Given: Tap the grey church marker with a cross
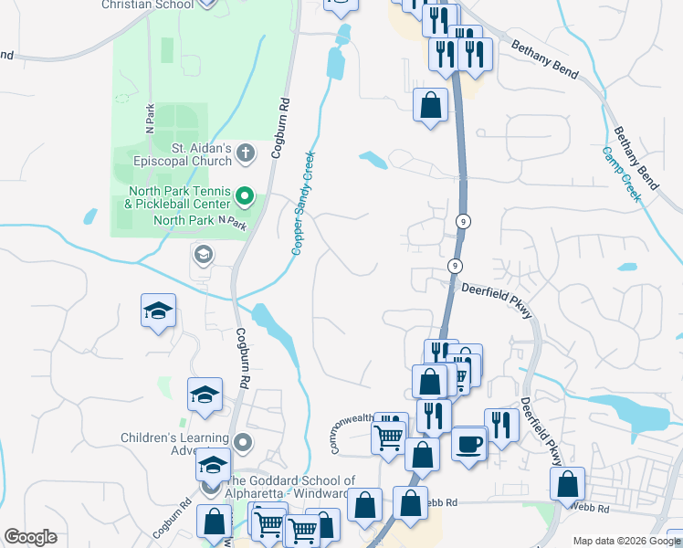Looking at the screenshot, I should (x=245, y=153).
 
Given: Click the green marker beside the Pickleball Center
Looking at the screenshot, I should (x=245, y=195).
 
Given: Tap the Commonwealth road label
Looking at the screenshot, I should (x=352, y=425).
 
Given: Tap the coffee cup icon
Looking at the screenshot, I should (x=469, y=444).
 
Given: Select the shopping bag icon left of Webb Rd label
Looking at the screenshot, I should (x=410, y=503).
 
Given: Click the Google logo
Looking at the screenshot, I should (x=29, y=537).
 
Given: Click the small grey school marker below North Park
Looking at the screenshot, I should (x=203, y=254).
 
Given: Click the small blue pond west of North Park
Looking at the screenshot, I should (x=90, y=217).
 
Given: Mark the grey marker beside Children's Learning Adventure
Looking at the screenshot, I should (x=243, y=444).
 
